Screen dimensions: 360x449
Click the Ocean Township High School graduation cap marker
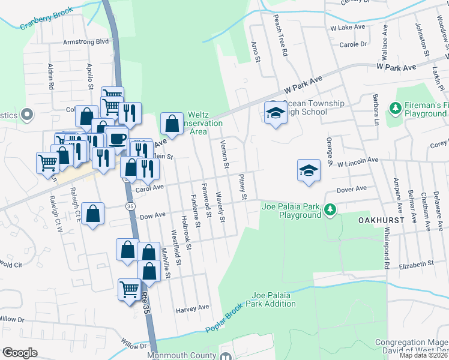click(275, 113)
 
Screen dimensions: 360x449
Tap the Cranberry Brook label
click(47, 19)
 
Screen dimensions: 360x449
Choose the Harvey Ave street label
click(192, 308)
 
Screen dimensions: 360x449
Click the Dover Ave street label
click(352, 188)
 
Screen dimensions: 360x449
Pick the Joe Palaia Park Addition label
click(274, 299)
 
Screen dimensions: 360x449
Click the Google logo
click(20, 353)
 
